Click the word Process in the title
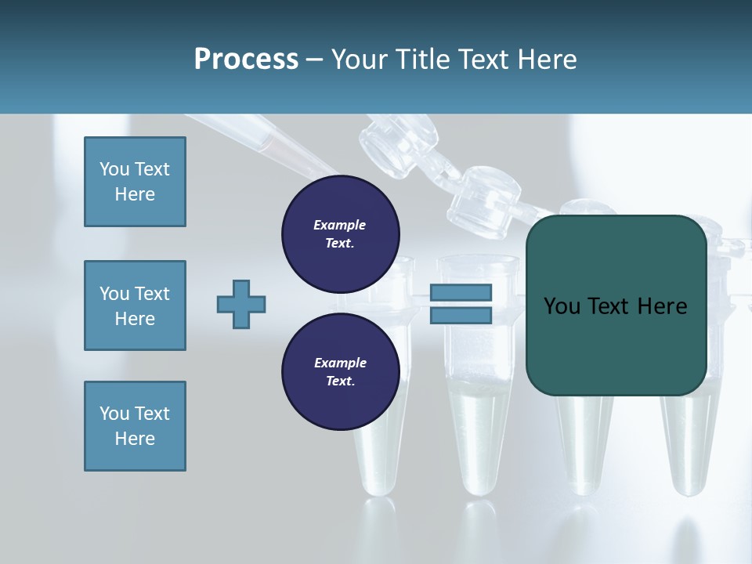(x=246, y=60)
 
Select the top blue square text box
(x=135, y=182)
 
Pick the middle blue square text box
(x=135, y=305)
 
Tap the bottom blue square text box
(x=135, y=426)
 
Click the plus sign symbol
(x=241, y=304)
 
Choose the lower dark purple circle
(x=340, y=371)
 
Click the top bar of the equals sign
(x=461, y=293)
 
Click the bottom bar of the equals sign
(x=461, y=315)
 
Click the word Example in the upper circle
(x=339, y=226)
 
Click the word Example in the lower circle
(x=339, y=363)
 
